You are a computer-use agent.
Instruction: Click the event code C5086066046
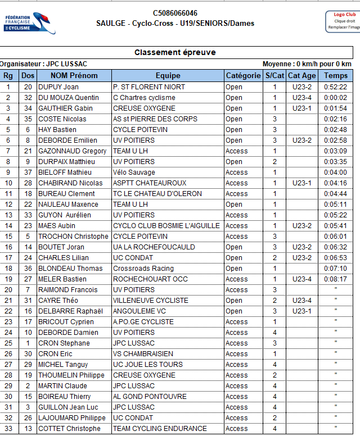point(175,13)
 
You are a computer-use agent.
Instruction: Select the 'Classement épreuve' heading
point(175,52)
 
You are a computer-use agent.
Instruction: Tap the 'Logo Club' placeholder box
point(343,21)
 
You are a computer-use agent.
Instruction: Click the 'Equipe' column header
point(168,76)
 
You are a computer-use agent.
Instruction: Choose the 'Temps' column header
point(336,76)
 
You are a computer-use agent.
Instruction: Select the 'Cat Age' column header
point(301,76)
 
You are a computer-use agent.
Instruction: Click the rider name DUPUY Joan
point(58,87)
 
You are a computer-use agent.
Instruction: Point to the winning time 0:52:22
point(336,87)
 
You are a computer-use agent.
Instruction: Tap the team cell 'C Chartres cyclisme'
point(144,98)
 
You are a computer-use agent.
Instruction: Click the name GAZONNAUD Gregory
point(72,151)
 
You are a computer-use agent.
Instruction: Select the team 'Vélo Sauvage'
point(134,172)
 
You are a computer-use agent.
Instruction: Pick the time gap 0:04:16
point(336,183)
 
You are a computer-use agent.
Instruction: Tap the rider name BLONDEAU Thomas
point(70,269)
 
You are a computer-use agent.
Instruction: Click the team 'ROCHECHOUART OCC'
point(150,279)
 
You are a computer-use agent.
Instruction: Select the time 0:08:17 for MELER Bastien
point(336,279)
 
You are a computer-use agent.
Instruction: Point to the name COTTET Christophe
point(70,429)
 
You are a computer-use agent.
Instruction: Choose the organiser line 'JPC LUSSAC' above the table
point(43,64)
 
